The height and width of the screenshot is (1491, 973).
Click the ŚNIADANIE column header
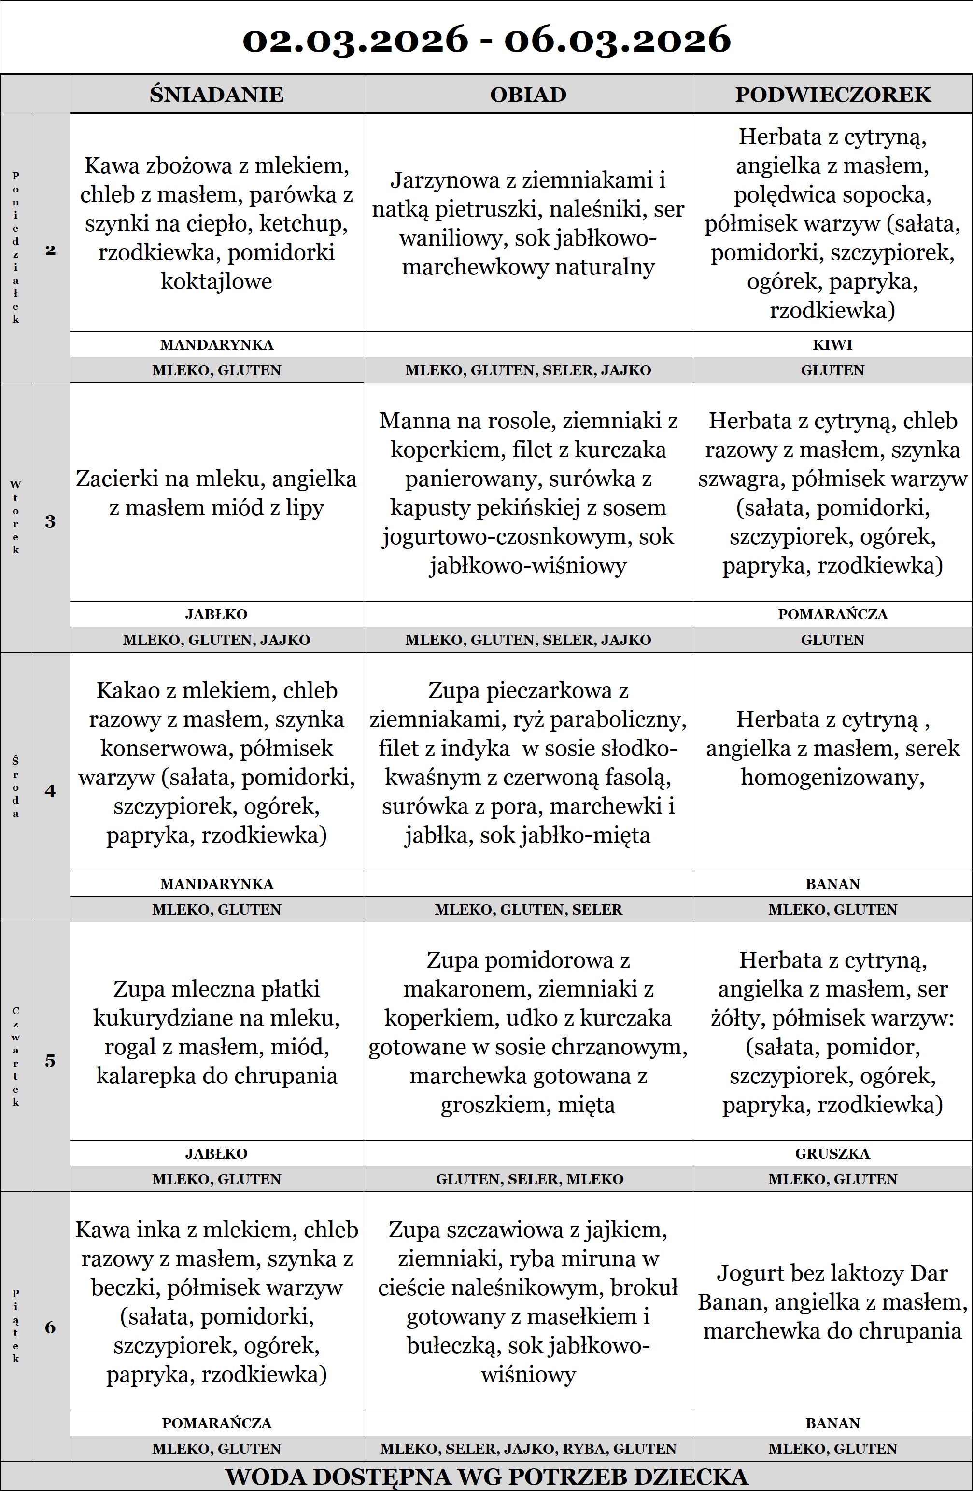tap(216, 95)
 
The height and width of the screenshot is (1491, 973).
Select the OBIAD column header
tap(528, 95)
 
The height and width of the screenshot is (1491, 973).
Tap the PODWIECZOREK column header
tap(832, 95)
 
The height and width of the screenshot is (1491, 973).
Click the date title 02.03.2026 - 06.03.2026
tap(487, 39)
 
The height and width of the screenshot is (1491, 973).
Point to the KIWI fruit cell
tap(832, 344)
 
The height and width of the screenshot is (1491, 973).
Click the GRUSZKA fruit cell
tap(832, 1153)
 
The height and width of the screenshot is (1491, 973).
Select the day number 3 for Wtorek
tap(50, 521)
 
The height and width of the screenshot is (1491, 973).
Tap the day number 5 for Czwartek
tap(50, 1061)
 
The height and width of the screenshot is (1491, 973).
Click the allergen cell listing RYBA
tap(528, 1449)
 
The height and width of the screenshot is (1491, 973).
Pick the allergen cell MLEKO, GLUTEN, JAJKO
tap(216, 640)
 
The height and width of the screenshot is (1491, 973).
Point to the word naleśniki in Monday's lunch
tap(597, 209)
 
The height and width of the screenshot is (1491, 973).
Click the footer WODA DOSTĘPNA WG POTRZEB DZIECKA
tap(487, 1477)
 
